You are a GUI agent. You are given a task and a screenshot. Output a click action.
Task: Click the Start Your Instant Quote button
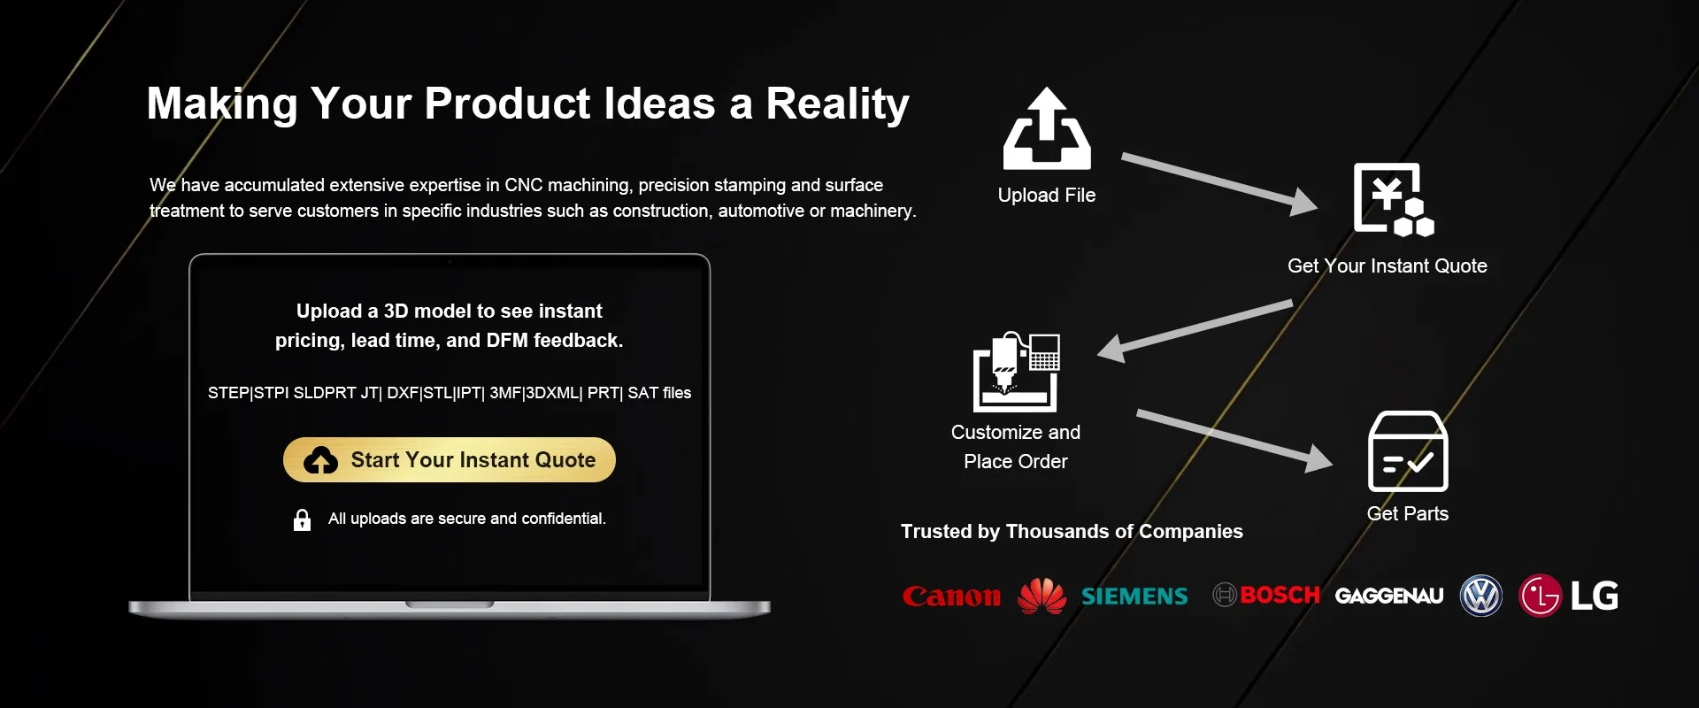[x=450, y=459]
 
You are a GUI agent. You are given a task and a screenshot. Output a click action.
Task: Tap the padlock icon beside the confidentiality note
[x=302, y=519]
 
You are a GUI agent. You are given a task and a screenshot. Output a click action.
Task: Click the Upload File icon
[x=1047, y=128]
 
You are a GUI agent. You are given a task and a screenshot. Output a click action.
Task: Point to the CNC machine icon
[x=1016, y=372]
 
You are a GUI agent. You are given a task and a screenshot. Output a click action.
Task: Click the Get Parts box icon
[x=1408, y=451]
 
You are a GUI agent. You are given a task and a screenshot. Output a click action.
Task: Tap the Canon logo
[x=951, y=596]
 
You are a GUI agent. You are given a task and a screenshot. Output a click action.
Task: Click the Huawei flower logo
[x=1042, y=596]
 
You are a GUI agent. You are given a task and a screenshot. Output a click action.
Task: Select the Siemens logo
[x=1134, y=596]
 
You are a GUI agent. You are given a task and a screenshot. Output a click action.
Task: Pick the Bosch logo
[x=1266, y=595]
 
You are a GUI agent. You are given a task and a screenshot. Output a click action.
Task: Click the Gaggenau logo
[x=1389, y=596]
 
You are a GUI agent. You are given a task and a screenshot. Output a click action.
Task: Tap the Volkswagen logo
[x=1481, y=596]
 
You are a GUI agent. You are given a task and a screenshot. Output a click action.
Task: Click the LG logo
[x=1569, y=596]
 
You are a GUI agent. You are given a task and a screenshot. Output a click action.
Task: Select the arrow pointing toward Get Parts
[x=1234, y=440]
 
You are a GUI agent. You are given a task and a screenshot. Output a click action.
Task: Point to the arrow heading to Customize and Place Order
[x=1195, y=331]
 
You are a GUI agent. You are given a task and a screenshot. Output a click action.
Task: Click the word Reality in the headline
[x=837, y=104]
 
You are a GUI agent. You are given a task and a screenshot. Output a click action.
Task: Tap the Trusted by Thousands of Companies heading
[x=1072, y=531]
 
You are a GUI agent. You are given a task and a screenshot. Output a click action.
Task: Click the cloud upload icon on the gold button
[x=320, y=460]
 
